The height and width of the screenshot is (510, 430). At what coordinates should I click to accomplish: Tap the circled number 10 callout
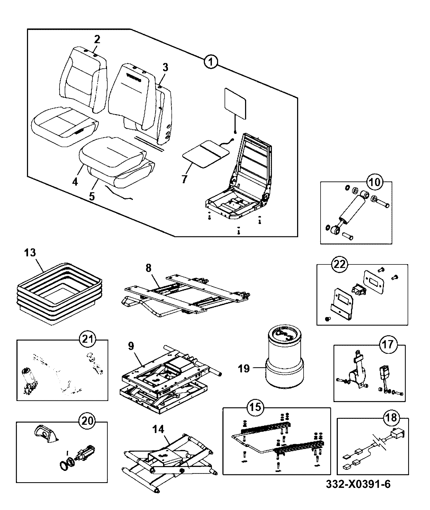[376, 182]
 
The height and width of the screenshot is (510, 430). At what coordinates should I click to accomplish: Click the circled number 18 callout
[392, 418]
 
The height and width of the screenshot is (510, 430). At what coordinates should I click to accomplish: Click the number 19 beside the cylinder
[244, 368]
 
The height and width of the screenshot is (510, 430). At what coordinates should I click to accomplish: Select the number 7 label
[184, 179]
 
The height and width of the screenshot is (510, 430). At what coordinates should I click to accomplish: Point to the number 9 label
[131, 346]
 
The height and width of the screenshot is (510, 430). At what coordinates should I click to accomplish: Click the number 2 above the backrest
[97, 39]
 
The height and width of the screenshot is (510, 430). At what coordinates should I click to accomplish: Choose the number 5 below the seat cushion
[92, 196]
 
